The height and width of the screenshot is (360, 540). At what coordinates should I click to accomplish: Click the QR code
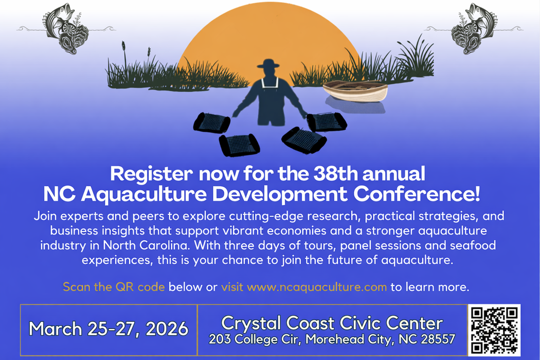(494, 330)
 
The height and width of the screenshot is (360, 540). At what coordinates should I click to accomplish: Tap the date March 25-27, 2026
(109, 329)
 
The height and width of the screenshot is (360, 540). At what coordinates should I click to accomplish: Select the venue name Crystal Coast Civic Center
(332, 323)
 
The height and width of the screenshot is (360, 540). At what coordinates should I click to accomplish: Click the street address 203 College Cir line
(332, 340)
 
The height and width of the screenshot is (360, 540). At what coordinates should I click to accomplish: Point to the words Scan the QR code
(114, 287)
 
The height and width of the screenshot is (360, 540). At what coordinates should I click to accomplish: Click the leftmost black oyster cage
(211, 123)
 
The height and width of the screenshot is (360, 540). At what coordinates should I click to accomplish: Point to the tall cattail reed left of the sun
(124, 54)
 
